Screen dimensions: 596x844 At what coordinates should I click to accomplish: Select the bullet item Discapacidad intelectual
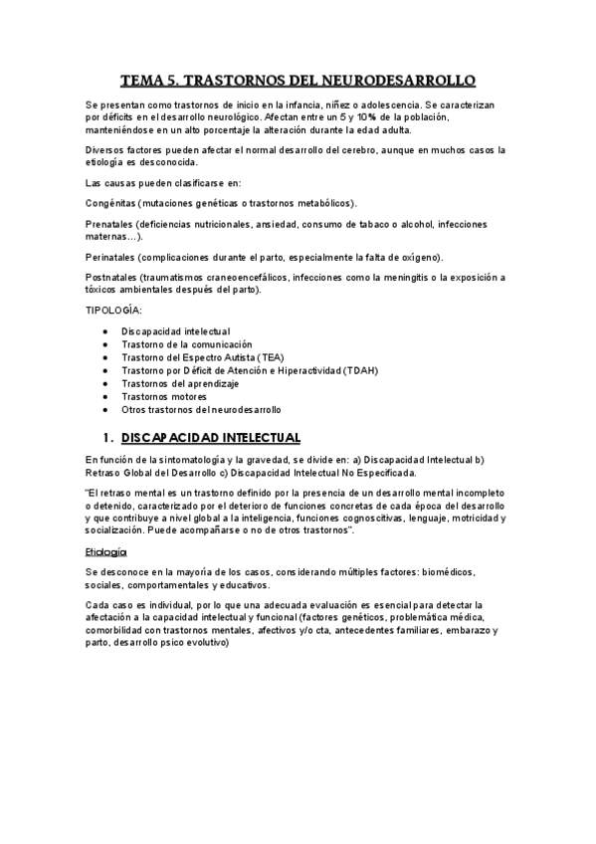(175, 330)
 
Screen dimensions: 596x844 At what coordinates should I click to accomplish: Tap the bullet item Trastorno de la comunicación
(187, 343)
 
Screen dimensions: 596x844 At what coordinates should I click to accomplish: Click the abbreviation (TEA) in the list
(271, 356)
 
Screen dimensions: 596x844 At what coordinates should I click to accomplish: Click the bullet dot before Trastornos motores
(106, 396)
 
